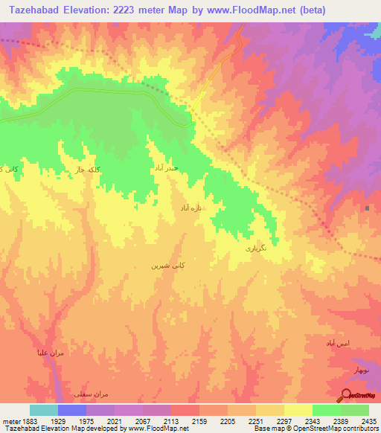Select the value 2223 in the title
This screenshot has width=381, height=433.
(x=128, y=10)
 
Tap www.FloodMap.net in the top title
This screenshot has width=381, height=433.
(x=254, y=10)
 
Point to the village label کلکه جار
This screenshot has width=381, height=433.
(x=85, y=170)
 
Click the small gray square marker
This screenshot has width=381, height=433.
(x=367, y=208)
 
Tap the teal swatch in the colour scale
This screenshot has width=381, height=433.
(x=44, y=410)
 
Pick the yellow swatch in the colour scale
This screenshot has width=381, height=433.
(x=298, y=410)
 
